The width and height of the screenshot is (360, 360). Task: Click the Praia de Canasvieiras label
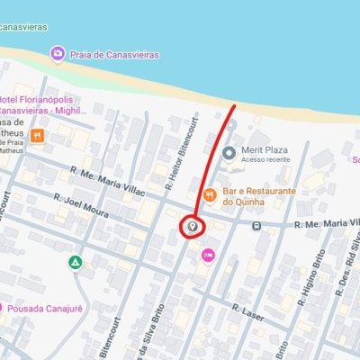[x=114, y=55]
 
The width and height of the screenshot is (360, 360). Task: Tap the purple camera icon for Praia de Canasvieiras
[x=58, y=54]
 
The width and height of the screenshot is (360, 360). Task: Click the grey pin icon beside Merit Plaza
[x=228, y=152]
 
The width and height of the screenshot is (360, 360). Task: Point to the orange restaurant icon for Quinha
[x=209, y=193]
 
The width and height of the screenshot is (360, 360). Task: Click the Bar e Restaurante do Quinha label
[x=255, y=195]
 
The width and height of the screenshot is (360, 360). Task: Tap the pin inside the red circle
[x=191, y=227]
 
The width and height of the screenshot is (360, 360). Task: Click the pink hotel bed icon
[x=209, y=256]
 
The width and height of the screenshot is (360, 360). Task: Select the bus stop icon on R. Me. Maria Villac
[x=257, y=226]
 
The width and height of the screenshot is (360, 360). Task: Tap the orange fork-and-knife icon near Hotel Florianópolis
[x=38, y=137]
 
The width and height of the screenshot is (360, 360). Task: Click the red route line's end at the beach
[x=233, y=107]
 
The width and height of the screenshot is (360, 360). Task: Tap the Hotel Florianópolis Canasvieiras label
[x=45, y=103]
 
